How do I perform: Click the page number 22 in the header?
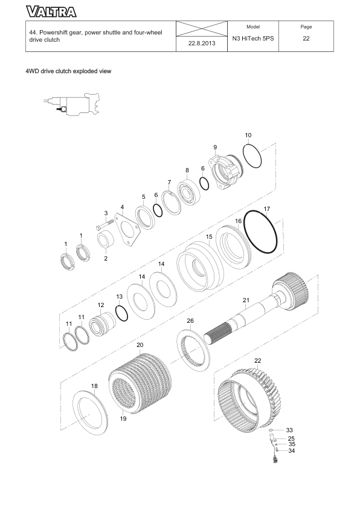[x=306, y=38]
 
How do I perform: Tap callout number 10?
[x=248, y=135]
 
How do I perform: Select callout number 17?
[x=266, y=209]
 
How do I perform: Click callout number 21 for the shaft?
[x=246, y=300]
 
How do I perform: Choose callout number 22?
[x=257, y=360]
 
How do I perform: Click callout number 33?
[x=289, y=430]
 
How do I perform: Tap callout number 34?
[x=291, y=451]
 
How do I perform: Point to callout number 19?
[x=123, y=418]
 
